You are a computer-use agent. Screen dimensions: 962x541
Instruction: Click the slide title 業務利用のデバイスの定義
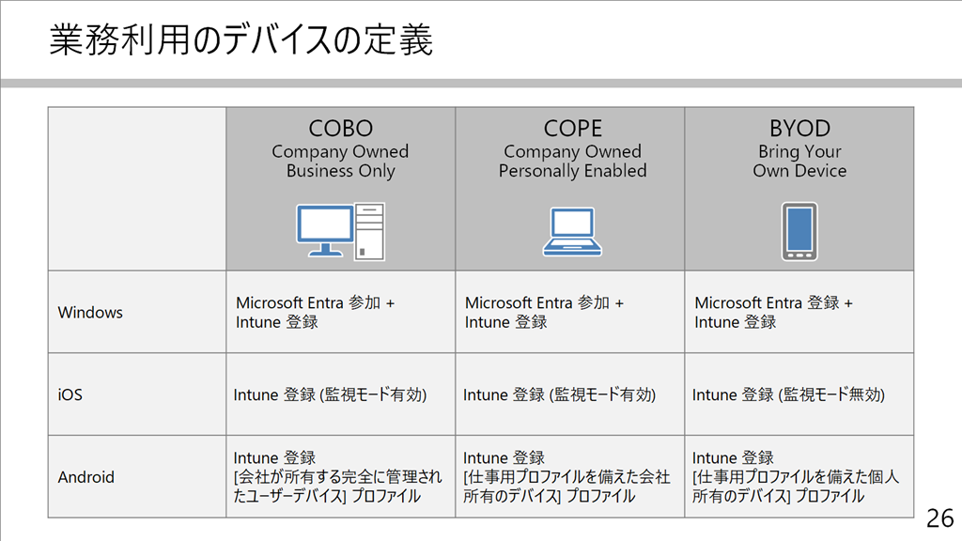[241, 39]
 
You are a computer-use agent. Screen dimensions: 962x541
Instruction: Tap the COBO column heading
[340, 128]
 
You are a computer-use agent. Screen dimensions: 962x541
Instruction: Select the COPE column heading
[572, 128]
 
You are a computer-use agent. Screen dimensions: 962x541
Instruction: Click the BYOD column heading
[799, 128]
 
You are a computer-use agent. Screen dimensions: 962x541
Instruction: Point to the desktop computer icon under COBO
[340, 231]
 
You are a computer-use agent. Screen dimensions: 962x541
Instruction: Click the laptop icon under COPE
[572, 231]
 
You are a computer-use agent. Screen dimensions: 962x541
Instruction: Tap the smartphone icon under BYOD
[799, 231]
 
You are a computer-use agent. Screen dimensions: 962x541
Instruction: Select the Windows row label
[90, 312]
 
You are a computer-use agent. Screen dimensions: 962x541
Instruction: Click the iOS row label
[70, 394]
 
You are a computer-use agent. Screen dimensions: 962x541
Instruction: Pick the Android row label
[85, 476]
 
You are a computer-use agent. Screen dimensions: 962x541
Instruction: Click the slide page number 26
[939, 518]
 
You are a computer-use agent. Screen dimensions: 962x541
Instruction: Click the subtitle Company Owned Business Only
[340, 161]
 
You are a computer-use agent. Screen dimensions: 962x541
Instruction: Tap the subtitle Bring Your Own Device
[799, 161]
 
